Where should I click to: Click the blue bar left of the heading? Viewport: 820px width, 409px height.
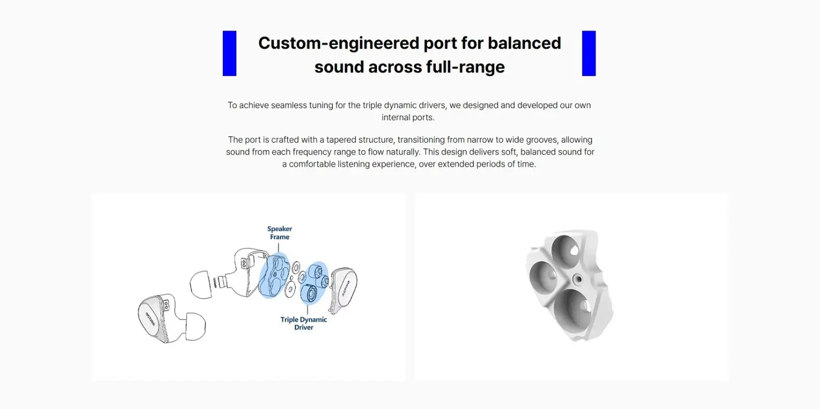pos(230,54)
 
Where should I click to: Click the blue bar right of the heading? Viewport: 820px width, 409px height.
pos(589,54)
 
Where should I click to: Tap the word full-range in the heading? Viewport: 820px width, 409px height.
pos(465,67)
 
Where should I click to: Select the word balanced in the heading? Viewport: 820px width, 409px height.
pos(524,43)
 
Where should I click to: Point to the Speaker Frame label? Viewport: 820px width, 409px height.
pos(280,233)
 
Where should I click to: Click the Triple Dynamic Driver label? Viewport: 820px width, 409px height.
pos(304,323)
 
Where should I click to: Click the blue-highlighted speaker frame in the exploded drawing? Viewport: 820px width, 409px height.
pos(274,275)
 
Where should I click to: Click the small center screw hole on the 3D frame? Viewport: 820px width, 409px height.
pos(579,279)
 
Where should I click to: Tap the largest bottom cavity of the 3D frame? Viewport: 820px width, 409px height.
pos(572,308)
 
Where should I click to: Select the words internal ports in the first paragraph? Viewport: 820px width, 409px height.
pos(408,118)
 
